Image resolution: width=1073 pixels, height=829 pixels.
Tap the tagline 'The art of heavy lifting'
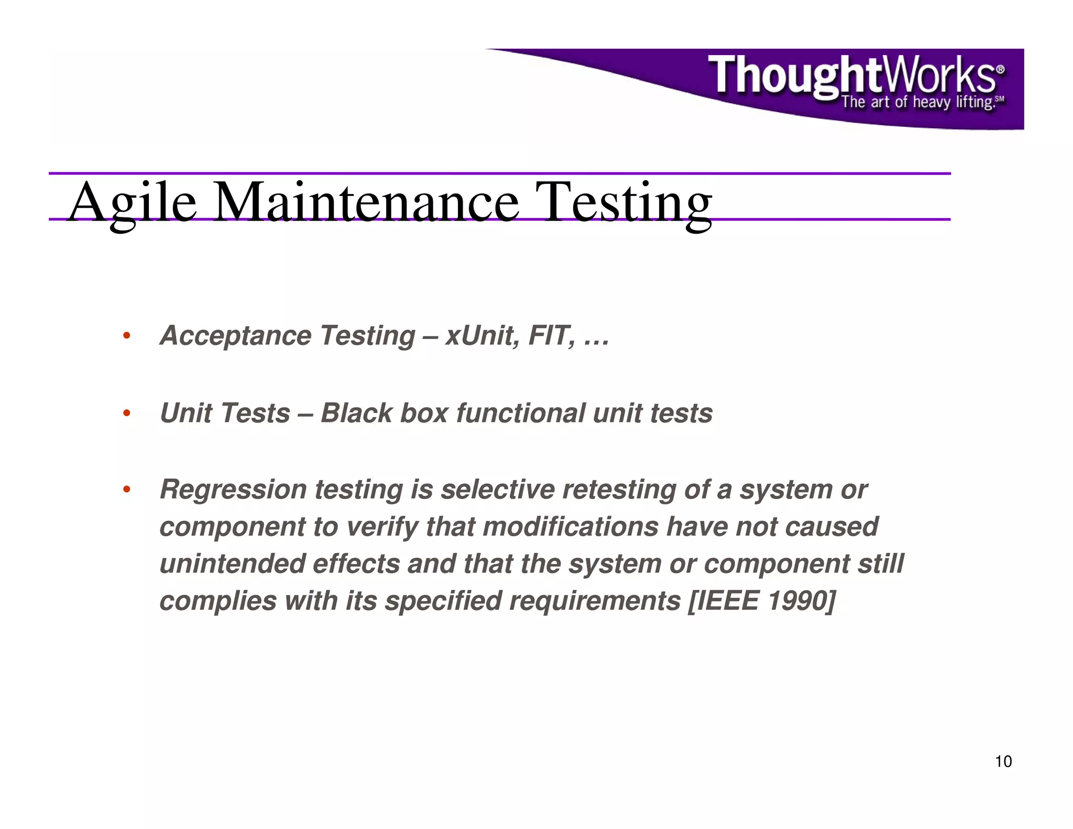click(918, 102)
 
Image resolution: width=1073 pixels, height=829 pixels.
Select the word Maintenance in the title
click(366, 202)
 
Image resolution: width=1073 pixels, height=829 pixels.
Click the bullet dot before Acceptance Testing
click(126, 336)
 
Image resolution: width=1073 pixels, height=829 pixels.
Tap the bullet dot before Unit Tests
click(126, 413)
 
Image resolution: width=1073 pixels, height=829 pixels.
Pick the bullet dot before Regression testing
click(126, 490)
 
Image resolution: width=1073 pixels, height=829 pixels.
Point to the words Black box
click(384, 413)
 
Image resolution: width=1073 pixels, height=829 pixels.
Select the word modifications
click(570, 527)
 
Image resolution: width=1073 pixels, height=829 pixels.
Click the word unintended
click(232, 564)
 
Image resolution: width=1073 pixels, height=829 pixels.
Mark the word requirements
click(595, 602)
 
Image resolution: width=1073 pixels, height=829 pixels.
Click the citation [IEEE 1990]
click(761, 602)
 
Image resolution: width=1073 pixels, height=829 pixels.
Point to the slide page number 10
click(1003, 762)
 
